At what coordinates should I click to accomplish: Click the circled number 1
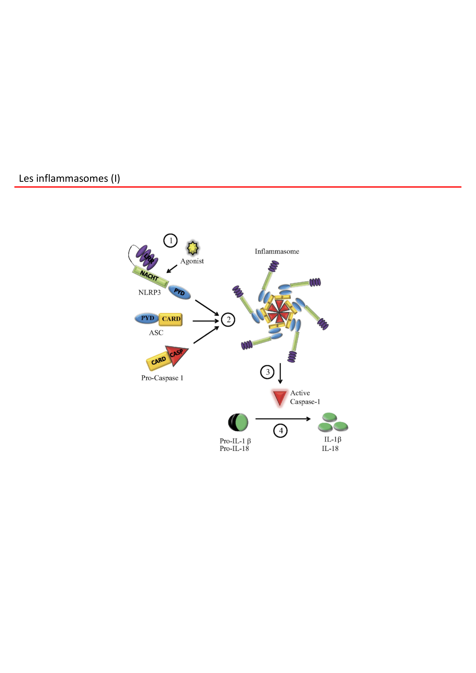pyautogui.click(x=170, y=241)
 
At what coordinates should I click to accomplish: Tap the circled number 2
pyautogui.click(x=228, y=319)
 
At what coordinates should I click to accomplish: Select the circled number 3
pyautogui.click(x=267, y=372)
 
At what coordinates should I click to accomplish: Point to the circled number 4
pyautogui.click(x=280, y=431)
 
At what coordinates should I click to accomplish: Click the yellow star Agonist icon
pyautogui.click(x=193, y=248)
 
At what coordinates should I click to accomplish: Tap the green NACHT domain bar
pyautogui.click(x=150, y=276)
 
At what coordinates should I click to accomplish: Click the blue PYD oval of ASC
pyautogui.click(x=147, y=318)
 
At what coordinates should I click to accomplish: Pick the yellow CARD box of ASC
pyautogui.click(x=171, y=319)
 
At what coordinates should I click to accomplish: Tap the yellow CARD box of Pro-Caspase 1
pyautogui.click(x=158, y=361)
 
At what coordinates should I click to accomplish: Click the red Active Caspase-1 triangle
pyautogui.click(x=279, y=397)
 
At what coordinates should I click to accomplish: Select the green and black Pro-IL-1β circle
pyautogui.click(x=238, y=422)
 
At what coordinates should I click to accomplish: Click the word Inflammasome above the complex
pyautogui.click(x=277, y=252)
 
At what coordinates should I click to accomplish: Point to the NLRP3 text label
pyautogui.click(x=149, y=292)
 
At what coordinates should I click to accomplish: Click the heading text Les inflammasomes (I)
pyautogui.click(x=69, y=178)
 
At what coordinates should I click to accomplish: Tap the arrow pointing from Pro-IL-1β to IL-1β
pyautogui.click(x=283, y=419)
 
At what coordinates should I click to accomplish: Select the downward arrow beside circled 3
pyautogui.click(x=280, y=373)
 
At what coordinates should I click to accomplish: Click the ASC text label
pyautogui.click(x=156, y=332)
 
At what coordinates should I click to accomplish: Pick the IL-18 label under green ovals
pyautogui.click(x=330, y=448)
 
